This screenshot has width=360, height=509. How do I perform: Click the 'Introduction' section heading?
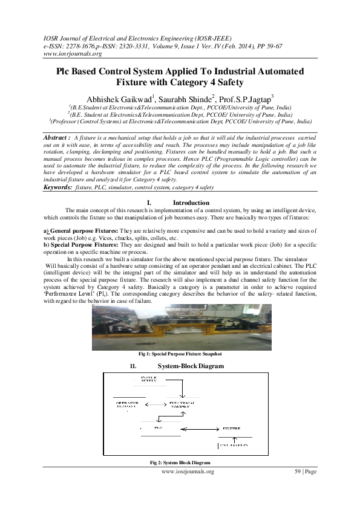click(191, 203)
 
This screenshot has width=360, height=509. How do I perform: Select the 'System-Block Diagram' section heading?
click(191, 366)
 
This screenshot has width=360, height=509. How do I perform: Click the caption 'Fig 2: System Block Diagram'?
click(180, 462)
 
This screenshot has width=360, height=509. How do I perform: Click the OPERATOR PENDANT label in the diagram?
click(128, 404)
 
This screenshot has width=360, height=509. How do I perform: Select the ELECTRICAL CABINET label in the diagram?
click(179, 404)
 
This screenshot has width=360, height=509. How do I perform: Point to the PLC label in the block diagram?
click(159, 427)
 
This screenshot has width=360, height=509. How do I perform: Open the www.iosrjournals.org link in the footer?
click(188, 471)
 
